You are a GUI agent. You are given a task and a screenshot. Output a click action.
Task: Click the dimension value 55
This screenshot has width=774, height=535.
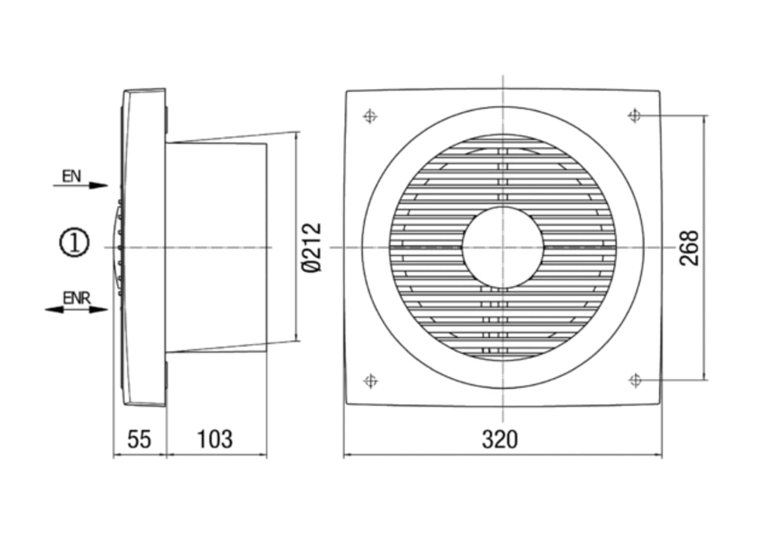[139, 439]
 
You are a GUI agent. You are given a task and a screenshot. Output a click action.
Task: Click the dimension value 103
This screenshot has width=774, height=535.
[214, 439]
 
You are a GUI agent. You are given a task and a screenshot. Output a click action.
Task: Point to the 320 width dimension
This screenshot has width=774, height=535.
[500, 440]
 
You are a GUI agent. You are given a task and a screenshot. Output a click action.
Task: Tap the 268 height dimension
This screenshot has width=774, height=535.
[689, 247]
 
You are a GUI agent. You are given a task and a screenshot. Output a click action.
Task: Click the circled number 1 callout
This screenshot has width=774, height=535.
[75, 244]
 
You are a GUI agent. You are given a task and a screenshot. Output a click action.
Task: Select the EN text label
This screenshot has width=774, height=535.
[72, 177]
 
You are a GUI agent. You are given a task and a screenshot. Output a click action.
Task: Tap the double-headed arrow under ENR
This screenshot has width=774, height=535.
[76, 309]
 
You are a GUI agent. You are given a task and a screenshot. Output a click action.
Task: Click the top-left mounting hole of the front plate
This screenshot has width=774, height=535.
[370, 117]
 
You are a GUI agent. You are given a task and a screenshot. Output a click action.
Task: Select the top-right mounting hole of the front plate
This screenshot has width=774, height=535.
[635, 116]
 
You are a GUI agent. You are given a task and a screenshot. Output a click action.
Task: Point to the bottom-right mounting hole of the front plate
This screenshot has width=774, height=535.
[635, 380]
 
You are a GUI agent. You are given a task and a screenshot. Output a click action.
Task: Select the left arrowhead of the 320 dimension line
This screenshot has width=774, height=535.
[348, 455]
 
